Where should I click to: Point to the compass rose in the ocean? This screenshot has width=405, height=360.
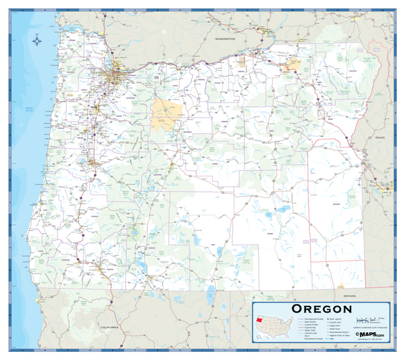[x=36, y=41]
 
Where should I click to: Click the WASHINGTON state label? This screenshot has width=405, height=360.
[x=225, y=39]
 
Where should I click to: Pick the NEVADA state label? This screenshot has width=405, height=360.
[x=349, y=296]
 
